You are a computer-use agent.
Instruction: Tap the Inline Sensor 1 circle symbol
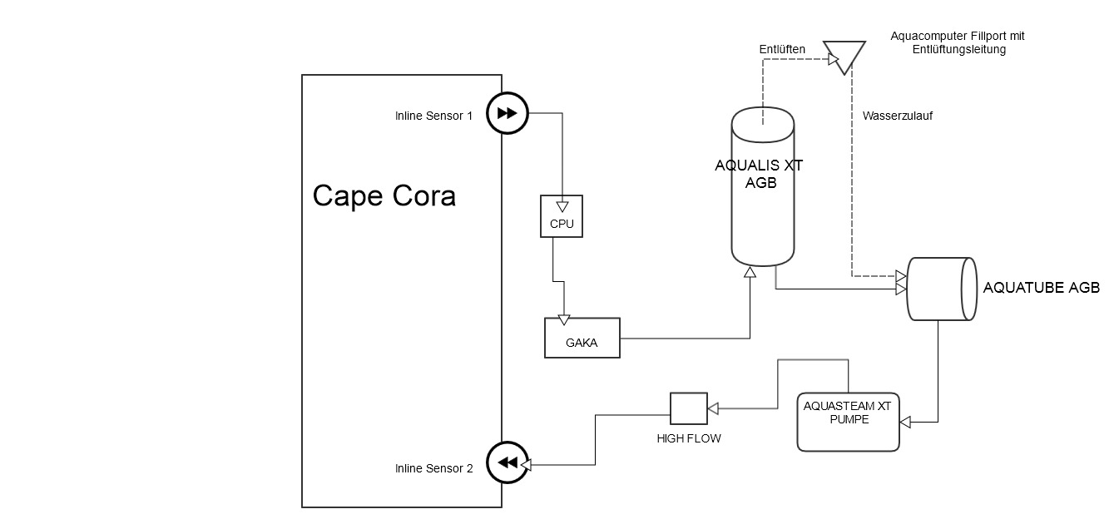[506, 115]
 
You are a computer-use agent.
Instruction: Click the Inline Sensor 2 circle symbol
[506, 463]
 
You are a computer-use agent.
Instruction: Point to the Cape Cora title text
[384, 196]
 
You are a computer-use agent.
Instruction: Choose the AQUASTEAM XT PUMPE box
[848, 422]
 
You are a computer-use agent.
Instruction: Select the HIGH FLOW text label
[688, 438]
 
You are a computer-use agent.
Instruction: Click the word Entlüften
[782, 50]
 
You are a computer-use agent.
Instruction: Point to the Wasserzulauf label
[897, 116]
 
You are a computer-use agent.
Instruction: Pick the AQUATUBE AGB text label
[1041, 288]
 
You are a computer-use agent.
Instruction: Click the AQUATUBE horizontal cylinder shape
[941, 289]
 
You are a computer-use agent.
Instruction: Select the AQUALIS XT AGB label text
[758, 174]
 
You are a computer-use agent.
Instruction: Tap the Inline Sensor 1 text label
[433, 116]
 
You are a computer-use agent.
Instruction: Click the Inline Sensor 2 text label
[433, 468]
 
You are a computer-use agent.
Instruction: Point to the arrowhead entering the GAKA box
[564, 320]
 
